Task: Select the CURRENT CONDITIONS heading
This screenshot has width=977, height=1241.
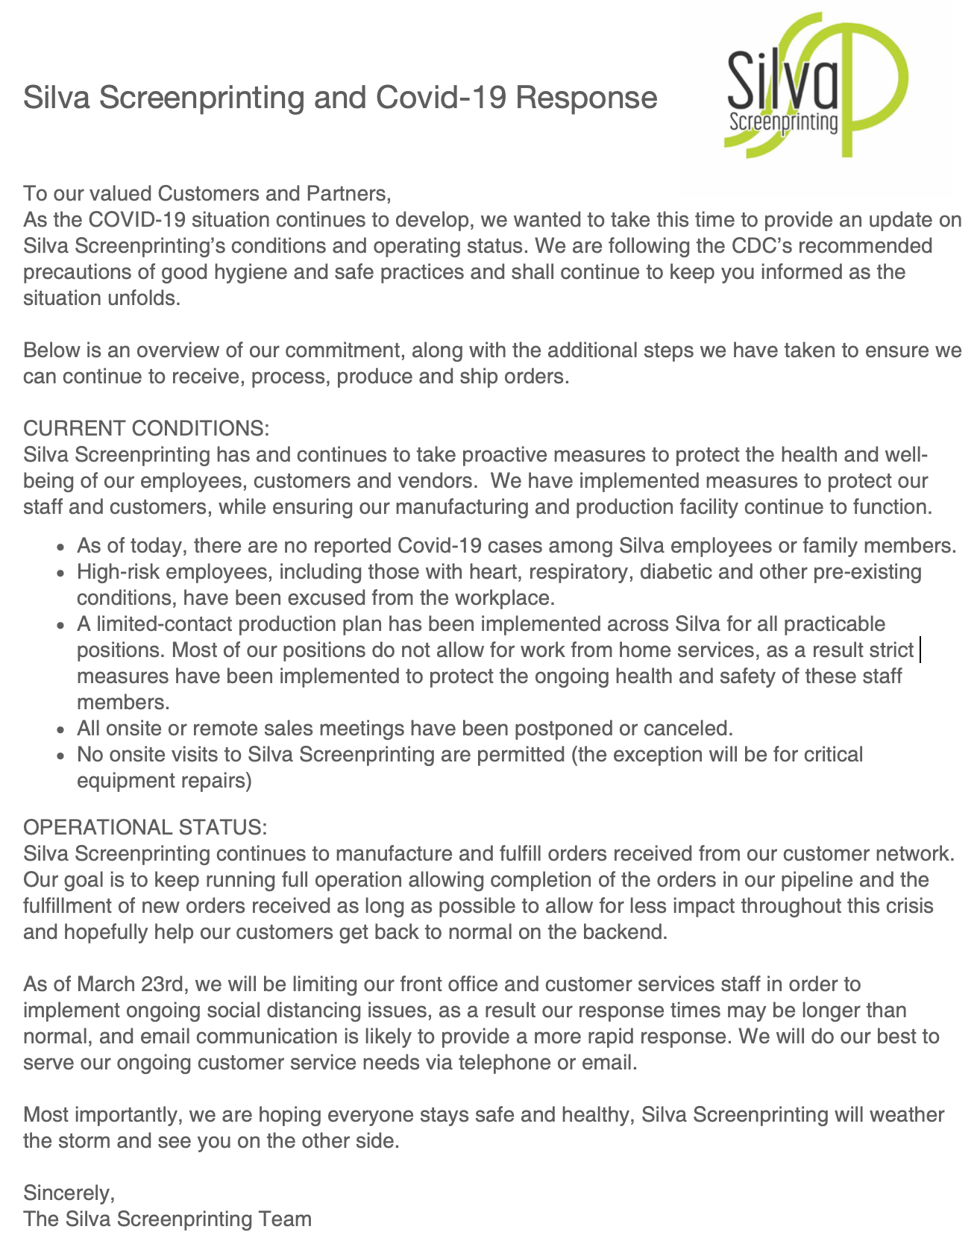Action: point(145,429)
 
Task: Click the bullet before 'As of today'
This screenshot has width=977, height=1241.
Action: point(63,547)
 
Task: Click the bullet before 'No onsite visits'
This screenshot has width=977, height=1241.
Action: point(63,755)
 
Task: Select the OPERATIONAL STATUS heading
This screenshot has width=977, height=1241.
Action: point(145,828)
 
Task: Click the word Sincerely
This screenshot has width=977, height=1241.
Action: point(69,1193)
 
